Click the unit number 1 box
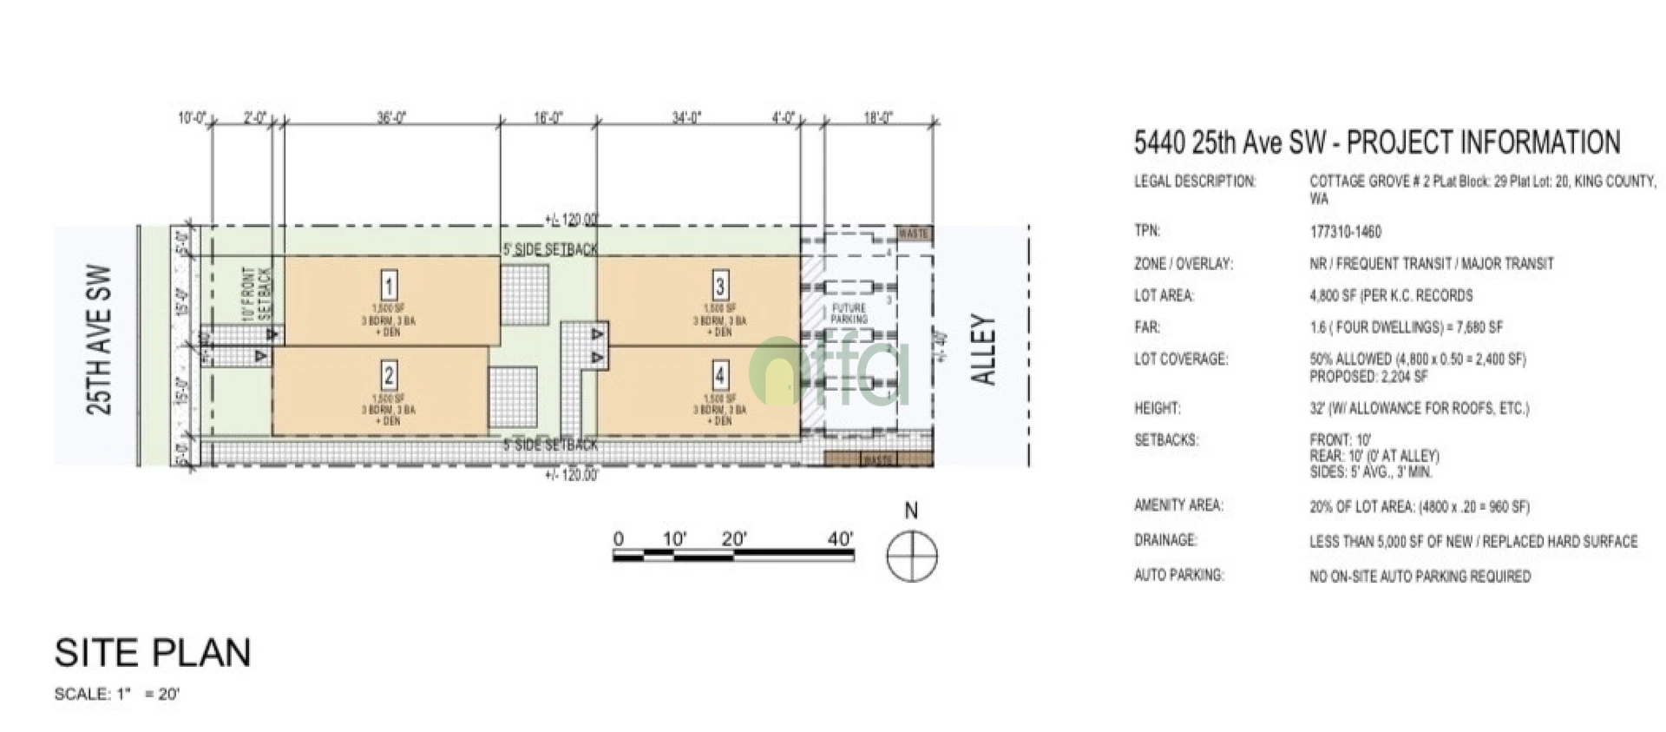point(390,286)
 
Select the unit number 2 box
point(389,375)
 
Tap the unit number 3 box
point(720,286)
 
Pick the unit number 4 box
point(720,375)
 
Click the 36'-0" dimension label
point(392,117)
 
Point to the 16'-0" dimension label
point(548,117)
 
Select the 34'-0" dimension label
point(686,117)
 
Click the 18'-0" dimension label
point(878,117)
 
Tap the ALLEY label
point(982,350)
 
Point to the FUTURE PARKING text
point(849,313)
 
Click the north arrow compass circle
point(912,556)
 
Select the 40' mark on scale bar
point(839,539)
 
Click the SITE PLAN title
point(153,653)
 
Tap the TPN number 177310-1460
point(1345,232)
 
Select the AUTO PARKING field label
point(1178,575)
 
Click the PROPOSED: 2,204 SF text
point(1368,377)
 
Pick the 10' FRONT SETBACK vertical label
point(257,293)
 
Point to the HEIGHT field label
point(1158,408)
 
